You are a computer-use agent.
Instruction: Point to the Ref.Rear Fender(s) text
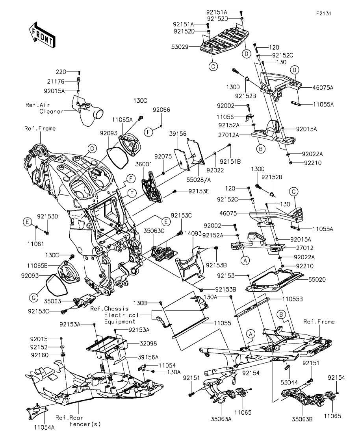[78, 421]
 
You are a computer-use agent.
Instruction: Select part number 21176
[68, 82]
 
